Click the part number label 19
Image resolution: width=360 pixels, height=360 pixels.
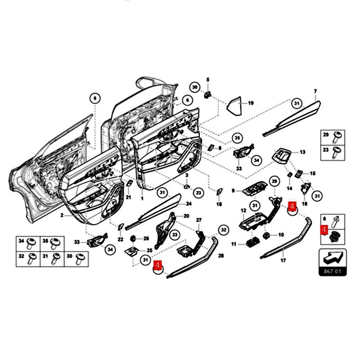251,103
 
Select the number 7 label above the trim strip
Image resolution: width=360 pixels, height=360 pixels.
315,91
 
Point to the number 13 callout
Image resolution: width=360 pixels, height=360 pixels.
302,153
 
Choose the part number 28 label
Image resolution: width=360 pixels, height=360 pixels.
221,256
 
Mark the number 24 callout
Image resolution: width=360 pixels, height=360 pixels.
189,204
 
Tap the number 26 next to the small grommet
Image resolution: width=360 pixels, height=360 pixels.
146,238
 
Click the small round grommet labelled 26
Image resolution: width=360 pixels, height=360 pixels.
134,238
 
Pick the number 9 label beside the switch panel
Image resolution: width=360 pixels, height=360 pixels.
234,191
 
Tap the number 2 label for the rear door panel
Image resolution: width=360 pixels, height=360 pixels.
62,216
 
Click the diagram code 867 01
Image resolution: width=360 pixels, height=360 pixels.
331,271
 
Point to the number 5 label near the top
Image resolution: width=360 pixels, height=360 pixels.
208,80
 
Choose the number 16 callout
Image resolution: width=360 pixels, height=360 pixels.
305,204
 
